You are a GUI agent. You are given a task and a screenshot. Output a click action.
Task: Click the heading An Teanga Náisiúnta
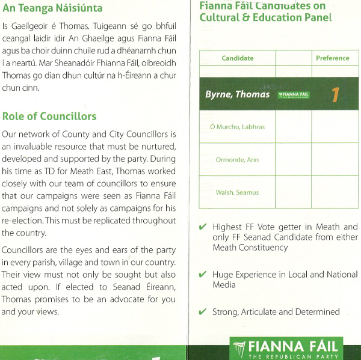tap(52, 9)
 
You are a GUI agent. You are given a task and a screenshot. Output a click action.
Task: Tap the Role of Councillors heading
tap(49, 116)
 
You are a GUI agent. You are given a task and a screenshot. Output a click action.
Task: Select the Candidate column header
tap(238, 58)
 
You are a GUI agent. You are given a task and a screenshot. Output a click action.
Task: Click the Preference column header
tap(332, 58)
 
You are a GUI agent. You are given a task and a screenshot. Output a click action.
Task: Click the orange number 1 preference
tap(335, 95)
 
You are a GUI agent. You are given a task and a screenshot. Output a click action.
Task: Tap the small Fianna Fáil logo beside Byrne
tap(294, 95)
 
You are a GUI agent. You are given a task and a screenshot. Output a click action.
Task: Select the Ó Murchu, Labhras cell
tap(237, 127)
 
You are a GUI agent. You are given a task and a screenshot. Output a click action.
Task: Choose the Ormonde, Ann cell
tap(237, 159)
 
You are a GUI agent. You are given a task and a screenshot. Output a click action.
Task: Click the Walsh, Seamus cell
tap(237, 192)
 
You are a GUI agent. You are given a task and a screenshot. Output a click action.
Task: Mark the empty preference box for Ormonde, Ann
tap(335, 159)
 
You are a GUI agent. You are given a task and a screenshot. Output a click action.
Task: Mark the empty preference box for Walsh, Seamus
tap(335, 192)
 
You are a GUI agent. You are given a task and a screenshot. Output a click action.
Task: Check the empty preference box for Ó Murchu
tap(335, 127)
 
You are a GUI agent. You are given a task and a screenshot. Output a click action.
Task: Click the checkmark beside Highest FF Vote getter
tap(203, 227)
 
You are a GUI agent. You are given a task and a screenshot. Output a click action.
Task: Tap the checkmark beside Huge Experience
tap(203, 275)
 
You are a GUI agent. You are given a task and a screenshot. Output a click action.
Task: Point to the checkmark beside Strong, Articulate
tap(203, 312)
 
